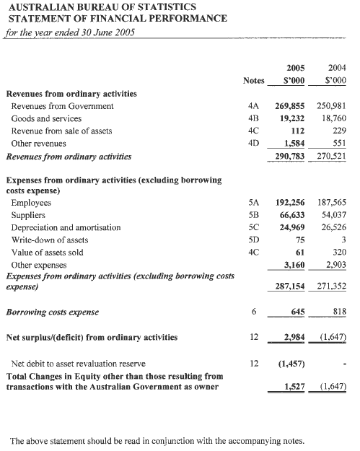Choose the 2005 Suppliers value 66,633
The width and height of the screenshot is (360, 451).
point(294,215)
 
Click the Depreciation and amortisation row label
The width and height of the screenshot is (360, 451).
point(63,227)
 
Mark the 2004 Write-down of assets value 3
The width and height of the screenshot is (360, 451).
point(344,240)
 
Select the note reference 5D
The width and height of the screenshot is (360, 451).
point(253,240)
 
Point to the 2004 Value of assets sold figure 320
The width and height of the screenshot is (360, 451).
point(339,252)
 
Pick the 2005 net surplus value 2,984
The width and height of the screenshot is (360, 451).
point(296,337)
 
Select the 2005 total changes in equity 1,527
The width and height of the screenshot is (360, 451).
point(296,387)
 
